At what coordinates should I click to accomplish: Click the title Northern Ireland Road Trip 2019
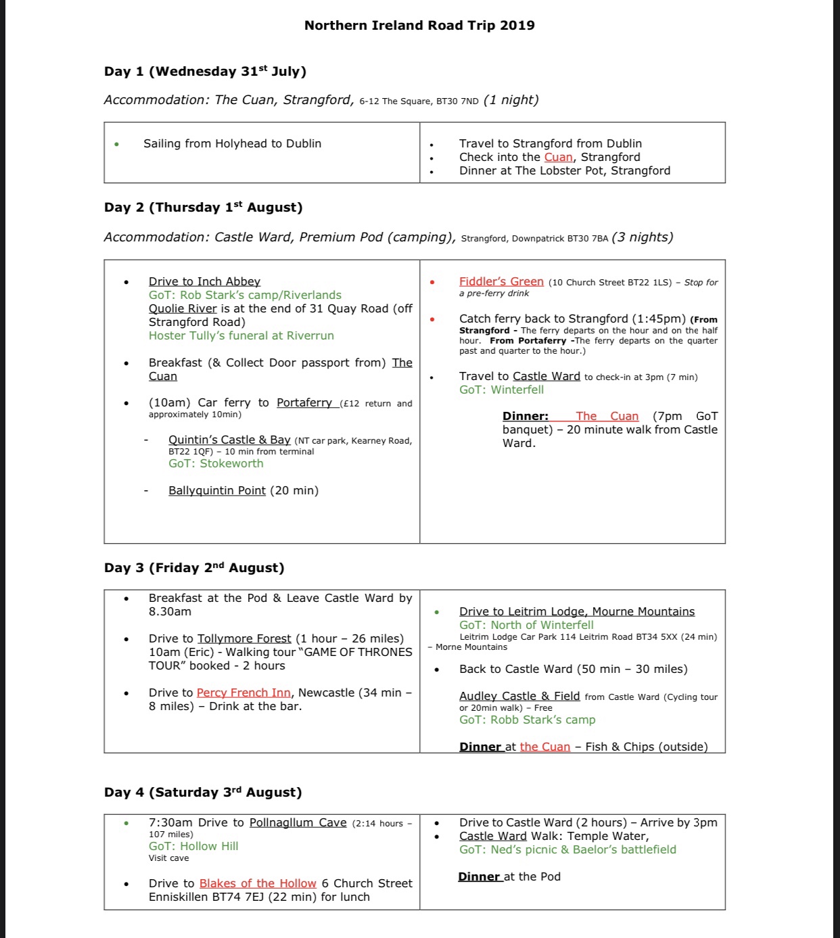419,26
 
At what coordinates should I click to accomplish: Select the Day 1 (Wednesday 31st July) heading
205,72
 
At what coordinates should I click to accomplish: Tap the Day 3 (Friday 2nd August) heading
194,568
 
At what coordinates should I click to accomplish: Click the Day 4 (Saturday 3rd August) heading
203,793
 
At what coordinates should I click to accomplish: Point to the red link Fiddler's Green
501,281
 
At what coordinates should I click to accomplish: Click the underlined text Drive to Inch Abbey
204,281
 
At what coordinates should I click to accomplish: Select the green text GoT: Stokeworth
216,463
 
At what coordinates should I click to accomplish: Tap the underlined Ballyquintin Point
217,490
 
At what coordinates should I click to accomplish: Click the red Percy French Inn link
243,693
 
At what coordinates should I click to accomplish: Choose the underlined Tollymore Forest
244,638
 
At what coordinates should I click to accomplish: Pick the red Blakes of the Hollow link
258,883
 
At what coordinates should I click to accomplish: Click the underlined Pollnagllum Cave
298,822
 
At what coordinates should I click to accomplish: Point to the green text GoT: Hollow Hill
193,846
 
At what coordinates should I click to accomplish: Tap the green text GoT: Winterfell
501,390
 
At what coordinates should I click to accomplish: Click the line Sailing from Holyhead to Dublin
232,143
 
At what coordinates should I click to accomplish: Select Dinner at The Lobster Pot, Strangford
565,170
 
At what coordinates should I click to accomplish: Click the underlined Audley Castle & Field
519,696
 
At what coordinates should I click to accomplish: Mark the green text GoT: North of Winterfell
526,625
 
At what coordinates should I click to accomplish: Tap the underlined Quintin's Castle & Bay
229,440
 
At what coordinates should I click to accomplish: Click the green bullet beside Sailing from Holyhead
117,144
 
